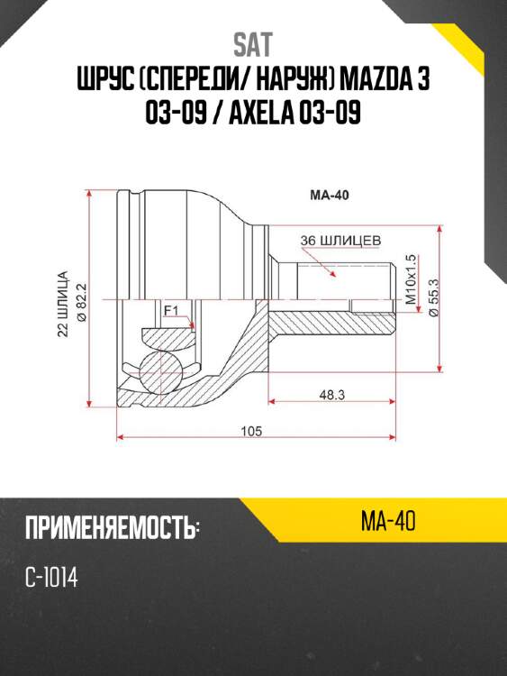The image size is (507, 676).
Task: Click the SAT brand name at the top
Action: coord(253,45)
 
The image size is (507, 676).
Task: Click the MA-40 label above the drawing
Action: coord(330,196)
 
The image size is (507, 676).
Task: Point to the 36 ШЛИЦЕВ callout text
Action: coord(340,240)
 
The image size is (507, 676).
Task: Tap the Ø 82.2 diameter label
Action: coord(81,302)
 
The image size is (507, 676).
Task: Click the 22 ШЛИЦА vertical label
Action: coord(63,304)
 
